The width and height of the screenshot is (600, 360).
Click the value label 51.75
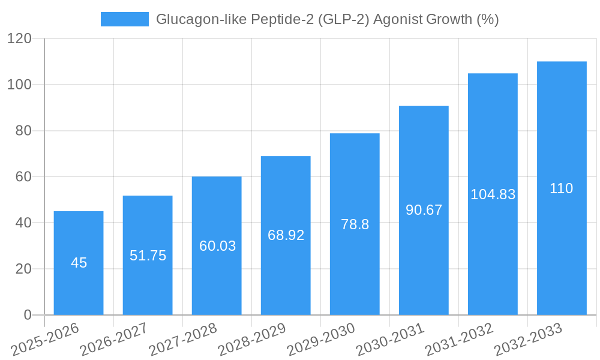pos(148,256)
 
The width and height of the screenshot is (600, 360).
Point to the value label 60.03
pos(217,246)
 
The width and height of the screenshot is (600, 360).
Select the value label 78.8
pos(355,224)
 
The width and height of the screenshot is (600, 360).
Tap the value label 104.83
pos(493,194)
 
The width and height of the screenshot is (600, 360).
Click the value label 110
pos(562,188)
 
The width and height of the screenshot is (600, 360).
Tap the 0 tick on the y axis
pos(27,315)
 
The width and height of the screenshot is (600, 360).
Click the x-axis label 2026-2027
pos(113,340)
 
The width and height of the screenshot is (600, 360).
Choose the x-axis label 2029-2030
pos(320,340)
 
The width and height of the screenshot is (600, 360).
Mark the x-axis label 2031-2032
pos(458,340)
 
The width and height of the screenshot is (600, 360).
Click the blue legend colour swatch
pos(124,19)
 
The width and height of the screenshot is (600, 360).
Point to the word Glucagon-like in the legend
pos(194,19)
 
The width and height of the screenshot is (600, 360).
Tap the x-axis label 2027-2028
pos(182,340)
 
